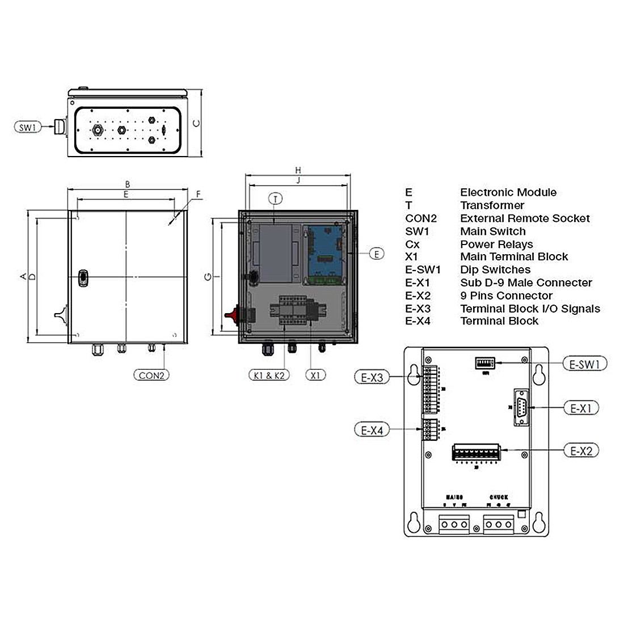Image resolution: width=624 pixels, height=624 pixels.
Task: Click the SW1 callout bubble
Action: [27, 128]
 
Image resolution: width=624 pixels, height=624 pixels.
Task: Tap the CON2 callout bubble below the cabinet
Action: [151, 375]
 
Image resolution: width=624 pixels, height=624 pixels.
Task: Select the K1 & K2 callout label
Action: [269, 375]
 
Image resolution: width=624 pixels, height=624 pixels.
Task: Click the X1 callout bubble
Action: [315, 375]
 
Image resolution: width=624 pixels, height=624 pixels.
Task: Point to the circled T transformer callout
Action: [275, 199]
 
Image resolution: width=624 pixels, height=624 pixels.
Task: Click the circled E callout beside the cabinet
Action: [377, 254]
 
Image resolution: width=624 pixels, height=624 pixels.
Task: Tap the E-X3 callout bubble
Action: [372, 377]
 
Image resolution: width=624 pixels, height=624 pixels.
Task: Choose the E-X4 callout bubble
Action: [372, 431]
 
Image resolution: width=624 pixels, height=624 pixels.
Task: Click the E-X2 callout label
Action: [581, 451]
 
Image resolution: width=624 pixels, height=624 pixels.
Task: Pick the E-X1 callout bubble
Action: [581, 407]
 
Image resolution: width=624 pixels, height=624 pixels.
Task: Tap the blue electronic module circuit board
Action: [326, 252]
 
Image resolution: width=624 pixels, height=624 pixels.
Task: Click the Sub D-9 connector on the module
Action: [520, 407]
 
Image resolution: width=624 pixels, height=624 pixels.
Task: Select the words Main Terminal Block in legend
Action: [513, 257]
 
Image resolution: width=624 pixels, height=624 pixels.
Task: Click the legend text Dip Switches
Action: [495, 270]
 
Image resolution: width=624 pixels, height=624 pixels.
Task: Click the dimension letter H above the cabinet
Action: [298, 170]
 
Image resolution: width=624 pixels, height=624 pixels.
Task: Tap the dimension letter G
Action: [208, 277]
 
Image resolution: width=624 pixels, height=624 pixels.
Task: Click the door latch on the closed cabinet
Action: [83, 277]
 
